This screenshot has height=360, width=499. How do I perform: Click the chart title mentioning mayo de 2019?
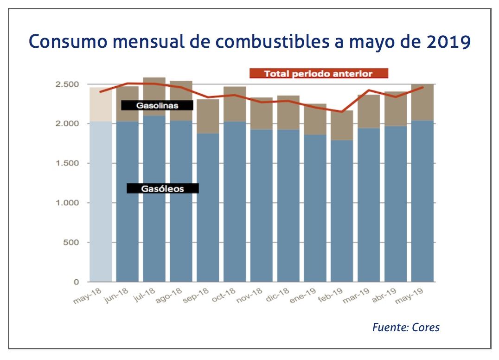coord(249,42)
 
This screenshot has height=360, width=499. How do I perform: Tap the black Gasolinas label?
coord(157,105)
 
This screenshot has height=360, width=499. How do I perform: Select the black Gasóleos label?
coord(162,188)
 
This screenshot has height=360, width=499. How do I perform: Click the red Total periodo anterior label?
coord(318,73)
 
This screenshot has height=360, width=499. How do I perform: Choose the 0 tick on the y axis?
coord(76,282)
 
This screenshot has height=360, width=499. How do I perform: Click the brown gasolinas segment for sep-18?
coord(208,116)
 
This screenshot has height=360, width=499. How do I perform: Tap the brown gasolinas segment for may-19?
coord(422,102)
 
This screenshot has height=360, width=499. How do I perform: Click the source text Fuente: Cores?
coord(406,327)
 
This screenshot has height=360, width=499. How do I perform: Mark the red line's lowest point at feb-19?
coord(342,111)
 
